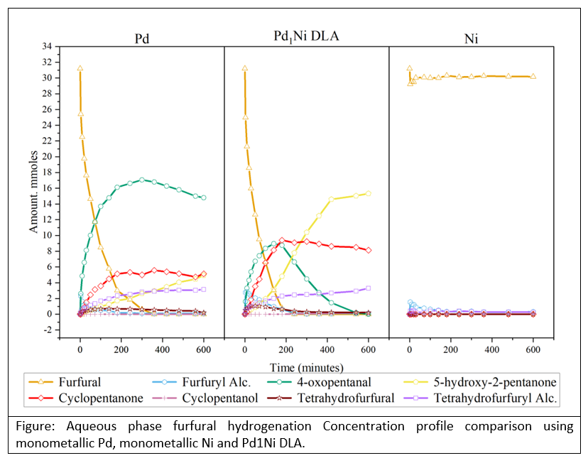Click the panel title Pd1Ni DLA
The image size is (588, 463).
click(x=306, y=36)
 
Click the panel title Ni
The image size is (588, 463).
click(x=471, y=38)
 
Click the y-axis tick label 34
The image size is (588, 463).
click(x=46, y=46)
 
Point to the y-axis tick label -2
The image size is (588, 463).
click(x=46, y=329)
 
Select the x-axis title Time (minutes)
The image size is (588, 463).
click(x=306, y=367)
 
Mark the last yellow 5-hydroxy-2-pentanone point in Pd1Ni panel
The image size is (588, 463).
click(x=369, y=193)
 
